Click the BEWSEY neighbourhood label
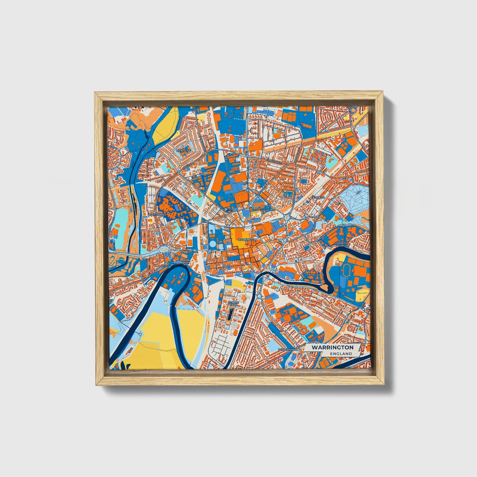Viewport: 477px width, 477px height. (x=182, y=151)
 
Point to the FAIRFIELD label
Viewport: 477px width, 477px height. (x=318, y=197)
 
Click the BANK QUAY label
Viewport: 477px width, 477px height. (x=186, y=261)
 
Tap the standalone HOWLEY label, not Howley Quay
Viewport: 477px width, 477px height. (x=314, y=274)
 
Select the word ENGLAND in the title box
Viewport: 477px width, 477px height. (x=340, y=354)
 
